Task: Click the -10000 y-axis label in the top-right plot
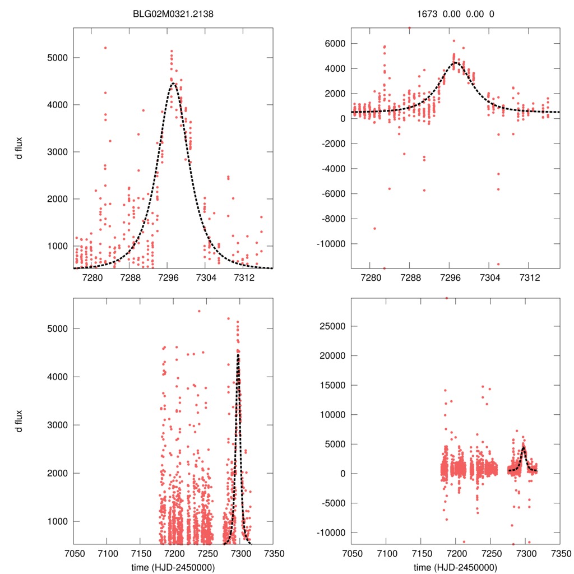(x=331, y=244)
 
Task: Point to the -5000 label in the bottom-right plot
(x=333, y=503)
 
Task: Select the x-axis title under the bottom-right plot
(x=455, y=567)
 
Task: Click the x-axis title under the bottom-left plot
(x=173, y=567)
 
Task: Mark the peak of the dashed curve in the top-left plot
(x=173, y=84)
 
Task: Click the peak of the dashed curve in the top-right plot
(x=455, y=63)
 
